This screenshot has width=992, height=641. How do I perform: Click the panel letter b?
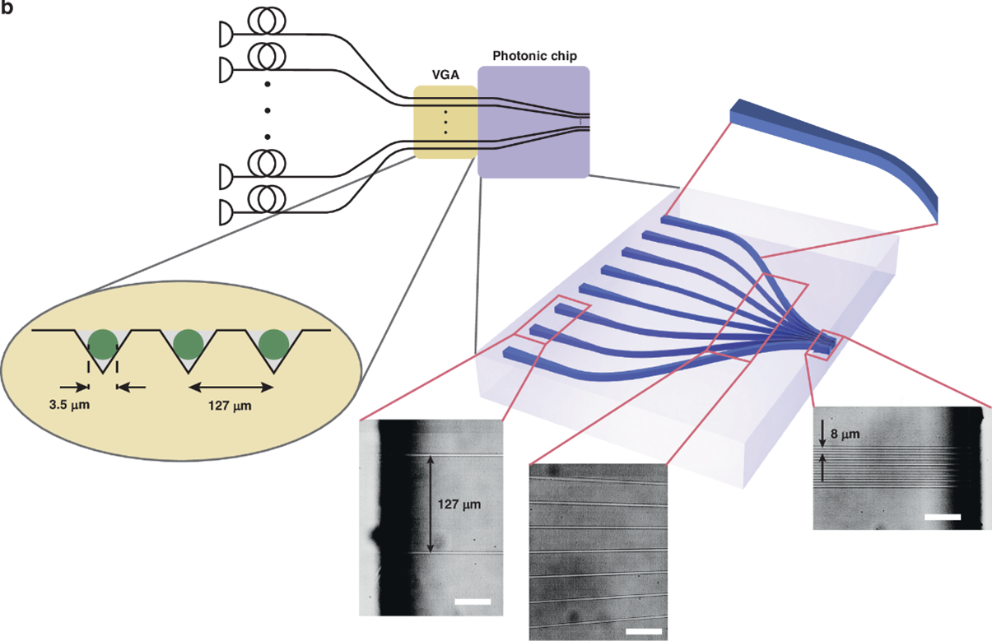(x=7, y=8)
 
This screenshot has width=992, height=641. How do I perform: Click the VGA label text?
(x=445, y=75)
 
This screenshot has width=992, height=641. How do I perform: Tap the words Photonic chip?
(x=534, y=56)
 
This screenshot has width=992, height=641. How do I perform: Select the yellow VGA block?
(x=445, y=122)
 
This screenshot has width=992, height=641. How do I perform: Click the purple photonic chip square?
(x=533, y=122)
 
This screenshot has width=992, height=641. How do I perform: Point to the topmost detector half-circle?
(x=226, y=35)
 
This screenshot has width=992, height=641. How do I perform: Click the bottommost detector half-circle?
(x=226, y=213)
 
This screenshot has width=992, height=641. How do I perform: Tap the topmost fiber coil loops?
(x=267, y=21)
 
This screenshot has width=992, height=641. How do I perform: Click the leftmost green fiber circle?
(x=103, y=345)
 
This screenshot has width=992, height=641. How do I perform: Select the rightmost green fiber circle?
(x=273, y=345)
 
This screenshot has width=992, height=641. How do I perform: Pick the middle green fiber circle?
(x=189, y=345)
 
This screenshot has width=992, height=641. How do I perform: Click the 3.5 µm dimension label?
(x=69, y=405)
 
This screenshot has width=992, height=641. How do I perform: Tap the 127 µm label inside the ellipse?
(x=230, y=406)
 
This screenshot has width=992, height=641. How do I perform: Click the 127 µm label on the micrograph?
(x=459, y=504)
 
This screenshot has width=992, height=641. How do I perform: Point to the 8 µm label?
(x=845, y=434)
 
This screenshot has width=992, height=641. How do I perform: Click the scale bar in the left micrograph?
(x=473, y=602)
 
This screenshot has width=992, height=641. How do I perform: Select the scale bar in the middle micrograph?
(x=645, y=631)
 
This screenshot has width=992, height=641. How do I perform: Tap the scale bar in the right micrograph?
(x=943, y=517)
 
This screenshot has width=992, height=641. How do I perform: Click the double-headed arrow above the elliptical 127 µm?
(x=231, y=388)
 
